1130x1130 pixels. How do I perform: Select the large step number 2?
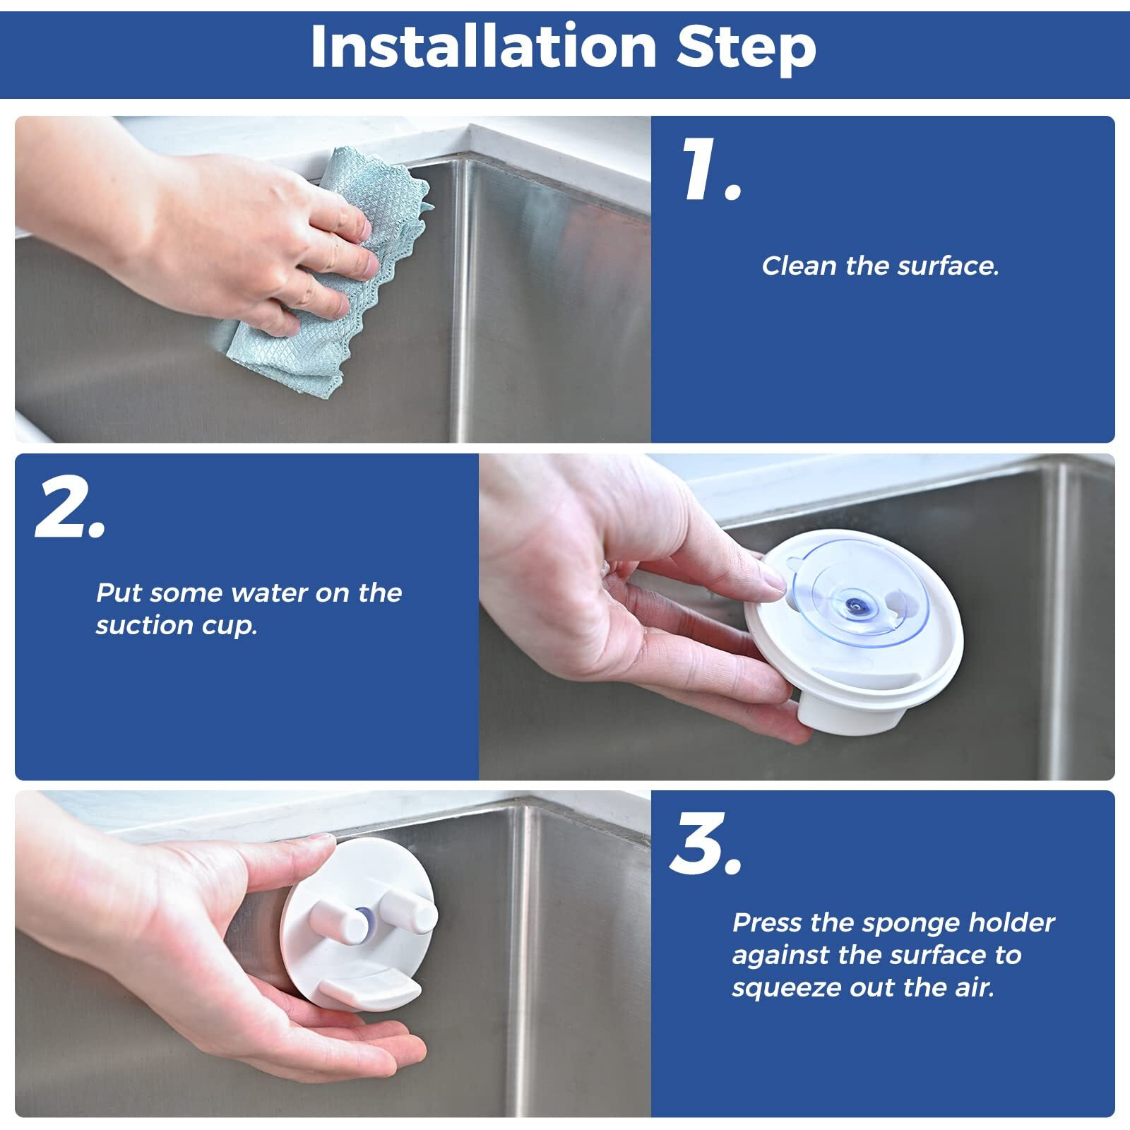pos(71,509)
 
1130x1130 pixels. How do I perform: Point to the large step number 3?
pos(706,843)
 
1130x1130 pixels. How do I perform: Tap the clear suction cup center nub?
pos(857,605)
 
